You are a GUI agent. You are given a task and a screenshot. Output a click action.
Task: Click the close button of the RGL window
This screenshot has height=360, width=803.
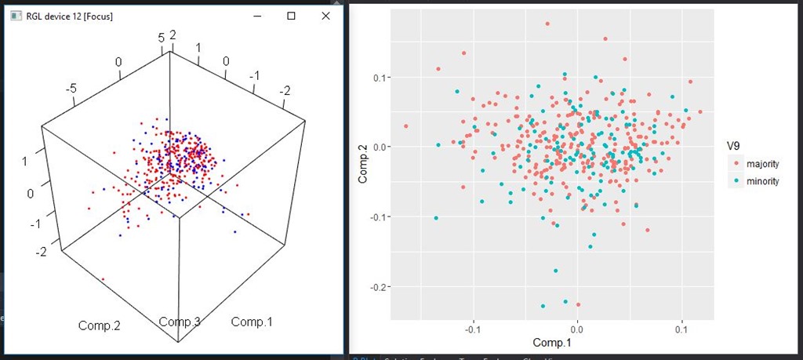point(325,16)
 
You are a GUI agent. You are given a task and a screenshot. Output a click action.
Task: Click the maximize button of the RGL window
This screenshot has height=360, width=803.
point(291,16)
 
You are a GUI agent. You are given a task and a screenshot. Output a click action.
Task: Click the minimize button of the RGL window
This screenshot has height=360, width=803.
point(256,16)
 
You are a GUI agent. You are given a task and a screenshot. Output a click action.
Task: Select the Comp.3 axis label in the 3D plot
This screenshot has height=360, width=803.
point(180,322)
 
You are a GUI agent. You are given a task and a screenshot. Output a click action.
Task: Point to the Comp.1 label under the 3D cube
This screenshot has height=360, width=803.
point(252,322)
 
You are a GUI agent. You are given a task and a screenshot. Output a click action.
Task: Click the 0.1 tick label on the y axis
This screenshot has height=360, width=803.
point(379,77)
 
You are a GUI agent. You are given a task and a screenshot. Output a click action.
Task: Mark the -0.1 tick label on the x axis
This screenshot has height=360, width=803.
point(472,330)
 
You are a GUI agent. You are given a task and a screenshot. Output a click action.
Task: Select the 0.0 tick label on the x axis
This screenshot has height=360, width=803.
point(577,330)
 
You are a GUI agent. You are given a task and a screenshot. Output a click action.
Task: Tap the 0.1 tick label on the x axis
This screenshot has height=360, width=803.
point(681,330)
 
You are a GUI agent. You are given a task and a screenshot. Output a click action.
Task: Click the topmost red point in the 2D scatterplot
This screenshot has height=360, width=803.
point(547,24)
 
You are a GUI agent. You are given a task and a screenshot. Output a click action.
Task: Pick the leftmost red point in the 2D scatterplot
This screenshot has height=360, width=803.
point(406,126)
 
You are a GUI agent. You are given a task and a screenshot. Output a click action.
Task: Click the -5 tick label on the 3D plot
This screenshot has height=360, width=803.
point(72,89)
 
